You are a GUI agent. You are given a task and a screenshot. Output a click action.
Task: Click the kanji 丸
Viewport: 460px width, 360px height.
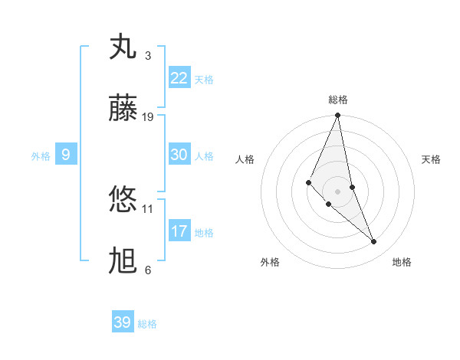click(x=123, y=47)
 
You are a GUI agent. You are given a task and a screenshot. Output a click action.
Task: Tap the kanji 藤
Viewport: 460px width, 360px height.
click(x=123, y=109)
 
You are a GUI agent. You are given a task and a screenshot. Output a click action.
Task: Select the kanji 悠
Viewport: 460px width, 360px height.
click(x=123, y=200)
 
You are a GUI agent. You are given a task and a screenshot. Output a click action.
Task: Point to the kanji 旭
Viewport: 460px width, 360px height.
click(x=123, y=261)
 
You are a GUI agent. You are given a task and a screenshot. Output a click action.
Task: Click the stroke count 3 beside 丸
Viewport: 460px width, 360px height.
click(x=148, y=56)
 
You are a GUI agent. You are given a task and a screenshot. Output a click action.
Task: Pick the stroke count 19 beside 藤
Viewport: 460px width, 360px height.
click(x=148, y=117)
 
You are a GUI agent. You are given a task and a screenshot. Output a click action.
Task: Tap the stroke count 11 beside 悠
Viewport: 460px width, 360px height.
click(x=148, y=208)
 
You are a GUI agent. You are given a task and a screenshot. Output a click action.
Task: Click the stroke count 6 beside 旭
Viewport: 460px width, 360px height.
click(x=148, y=270)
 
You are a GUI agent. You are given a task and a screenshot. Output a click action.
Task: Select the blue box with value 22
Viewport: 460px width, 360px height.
click(x=179, y=78)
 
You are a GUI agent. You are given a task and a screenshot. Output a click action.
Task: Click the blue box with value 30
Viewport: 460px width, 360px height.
click(x=179, y=155)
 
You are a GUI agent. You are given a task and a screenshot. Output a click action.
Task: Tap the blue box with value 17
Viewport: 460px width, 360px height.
click(x=179, y=231)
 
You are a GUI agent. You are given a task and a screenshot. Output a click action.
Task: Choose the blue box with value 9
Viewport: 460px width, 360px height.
click(x=66, y=155)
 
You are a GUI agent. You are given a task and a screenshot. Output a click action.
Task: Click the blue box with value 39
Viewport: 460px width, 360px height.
click(x=123, y=322)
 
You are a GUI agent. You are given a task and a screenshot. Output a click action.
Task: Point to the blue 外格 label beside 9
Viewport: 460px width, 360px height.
click(x=41, y=156)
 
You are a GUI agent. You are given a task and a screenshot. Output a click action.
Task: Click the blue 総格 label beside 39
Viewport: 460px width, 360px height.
click(x=147, y=324)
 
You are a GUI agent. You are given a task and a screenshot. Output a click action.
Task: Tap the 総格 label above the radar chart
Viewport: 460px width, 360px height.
click(x=338, y=100)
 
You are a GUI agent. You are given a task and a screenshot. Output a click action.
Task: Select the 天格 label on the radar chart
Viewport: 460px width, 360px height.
click(x=432, y=159)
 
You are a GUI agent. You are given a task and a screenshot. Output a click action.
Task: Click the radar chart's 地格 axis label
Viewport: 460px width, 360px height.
click(x=402, y=263)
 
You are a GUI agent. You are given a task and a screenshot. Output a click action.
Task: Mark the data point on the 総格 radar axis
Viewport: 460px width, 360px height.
click(x=338, y=116)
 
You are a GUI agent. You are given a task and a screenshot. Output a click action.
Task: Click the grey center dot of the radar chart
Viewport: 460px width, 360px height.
click(x=338, y=191)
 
